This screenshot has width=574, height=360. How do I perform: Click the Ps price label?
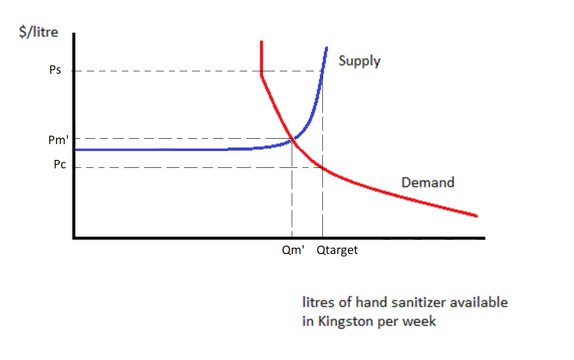point(55,70)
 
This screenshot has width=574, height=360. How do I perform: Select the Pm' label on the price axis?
point(57,140)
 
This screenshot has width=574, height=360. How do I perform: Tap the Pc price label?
point(59,165)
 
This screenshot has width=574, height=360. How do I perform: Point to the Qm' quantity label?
point(292,251)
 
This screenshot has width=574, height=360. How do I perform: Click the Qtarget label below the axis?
point(337,251)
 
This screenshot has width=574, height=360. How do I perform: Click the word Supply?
point(360,61)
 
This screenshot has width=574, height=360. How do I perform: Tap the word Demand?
point(427,182)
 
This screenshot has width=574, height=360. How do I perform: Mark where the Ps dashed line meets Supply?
point(322,71)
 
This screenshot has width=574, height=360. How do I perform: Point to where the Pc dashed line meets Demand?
point(322,168)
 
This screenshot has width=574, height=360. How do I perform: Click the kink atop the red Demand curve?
point(261,75)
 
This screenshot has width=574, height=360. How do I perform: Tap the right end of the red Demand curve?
point(476,216)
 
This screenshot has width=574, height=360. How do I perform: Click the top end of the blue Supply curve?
point(327,47)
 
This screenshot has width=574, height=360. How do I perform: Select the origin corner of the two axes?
point(74,238)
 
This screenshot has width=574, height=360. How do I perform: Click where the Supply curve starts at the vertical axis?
point(75,150)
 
